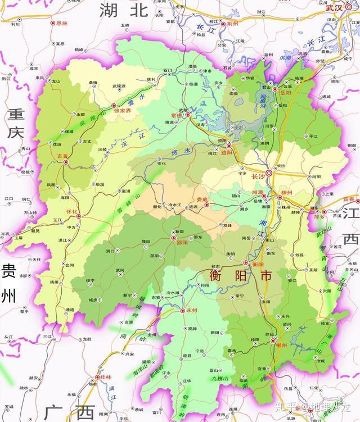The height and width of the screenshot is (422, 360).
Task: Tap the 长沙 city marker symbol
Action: [269, 173]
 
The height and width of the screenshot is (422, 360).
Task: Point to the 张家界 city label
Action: [123, 111]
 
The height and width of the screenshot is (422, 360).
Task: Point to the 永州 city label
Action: [192, 310]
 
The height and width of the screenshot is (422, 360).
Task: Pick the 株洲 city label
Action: [287, 193]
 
